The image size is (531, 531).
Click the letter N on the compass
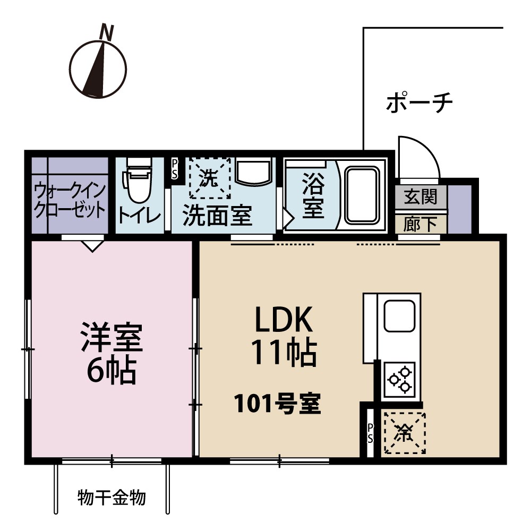107,33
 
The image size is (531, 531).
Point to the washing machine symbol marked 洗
210,178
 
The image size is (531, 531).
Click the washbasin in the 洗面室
253,172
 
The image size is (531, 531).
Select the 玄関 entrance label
421,197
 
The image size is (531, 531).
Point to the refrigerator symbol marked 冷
405,433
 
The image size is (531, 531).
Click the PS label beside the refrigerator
370,433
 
